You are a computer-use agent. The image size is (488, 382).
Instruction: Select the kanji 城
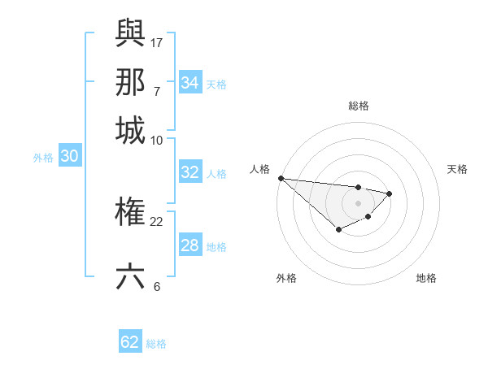pos(130,131)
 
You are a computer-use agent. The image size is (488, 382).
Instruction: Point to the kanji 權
pos(130,214)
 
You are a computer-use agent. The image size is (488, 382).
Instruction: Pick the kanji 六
pos(130,276)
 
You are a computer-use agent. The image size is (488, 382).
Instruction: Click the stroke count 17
pos(157,41)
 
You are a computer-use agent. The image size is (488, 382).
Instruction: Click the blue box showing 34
pos(190,83)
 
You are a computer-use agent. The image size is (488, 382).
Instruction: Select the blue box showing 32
pos(190,172)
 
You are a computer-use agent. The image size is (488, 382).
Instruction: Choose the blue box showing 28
pos(190,245)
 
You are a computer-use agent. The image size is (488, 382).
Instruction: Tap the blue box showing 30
pos(69,157)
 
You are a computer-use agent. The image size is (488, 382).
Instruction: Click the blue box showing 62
pos(130,342)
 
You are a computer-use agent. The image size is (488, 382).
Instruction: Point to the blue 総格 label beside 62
pos(156,344)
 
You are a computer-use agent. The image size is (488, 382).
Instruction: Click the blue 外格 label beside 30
pos(43,158)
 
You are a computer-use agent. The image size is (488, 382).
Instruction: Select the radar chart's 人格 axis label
pos(259,169)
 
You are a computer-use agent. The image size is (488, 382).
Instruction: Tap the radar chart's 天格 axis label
pos(457,169)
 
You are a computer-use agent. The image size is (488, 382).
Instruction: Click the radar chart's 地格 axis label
pos(426,278)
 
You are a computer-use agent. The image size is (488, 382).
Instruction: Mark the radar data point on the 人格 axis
pos(280,178)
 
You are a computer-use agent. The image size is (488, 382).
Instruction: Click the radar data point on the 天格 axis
pos(390,193)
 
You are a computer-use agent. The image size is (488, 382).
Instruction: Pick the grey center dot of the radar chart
pos(358,203)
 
